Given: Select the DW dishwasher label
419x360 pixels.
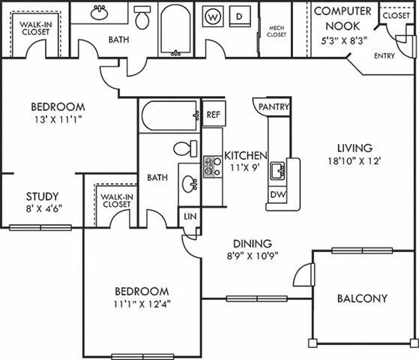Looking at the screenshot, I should point(277,195).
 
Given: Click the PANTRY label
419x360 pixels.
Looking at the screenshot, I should point(274,107).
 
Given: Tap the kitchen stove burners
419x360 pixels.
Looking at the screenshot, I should point(211,166).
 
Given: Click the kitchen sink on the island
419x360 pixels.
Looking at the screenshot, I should point(277,170).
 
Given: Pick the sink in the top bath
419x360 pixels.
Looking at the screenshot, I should point(98,13).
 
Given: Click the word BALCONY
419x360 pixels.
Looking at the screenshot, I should point(362,298).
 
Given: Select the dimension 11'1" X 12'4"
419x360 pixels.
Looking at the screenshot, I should point(142,304).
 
